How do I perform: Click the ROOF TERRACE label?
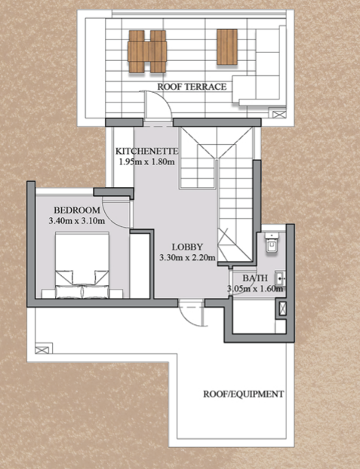coord(192,87)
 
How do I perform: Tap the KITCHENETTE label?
coord(146,151)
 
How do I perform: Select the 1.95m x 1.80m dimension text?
coord(146,162)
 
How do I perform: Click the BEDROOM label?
coord(77,210)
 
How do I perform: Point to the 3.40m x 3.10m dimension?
coord(77,221)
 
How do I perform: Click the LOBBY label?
coord(187,247)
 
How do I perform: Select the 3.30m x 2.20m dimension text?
coord(187,258)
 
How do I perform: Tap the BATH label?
coord(255,278)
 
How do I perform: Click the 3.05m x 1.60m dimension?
coord(255,289)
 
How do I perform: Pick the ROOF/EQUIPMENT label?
coord(244,394)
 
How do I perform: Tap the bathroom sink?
coord(280,279)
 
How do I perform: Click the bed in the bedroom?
coord(82,265)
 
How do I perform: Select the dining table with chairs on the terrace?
coord(147,51)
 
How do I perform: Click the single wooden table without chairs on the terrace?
coord(227,47)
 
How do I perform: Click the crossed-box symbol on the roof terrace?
coord(279,114)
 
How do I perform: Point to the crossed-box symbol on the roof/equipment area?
coord(42,350)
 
